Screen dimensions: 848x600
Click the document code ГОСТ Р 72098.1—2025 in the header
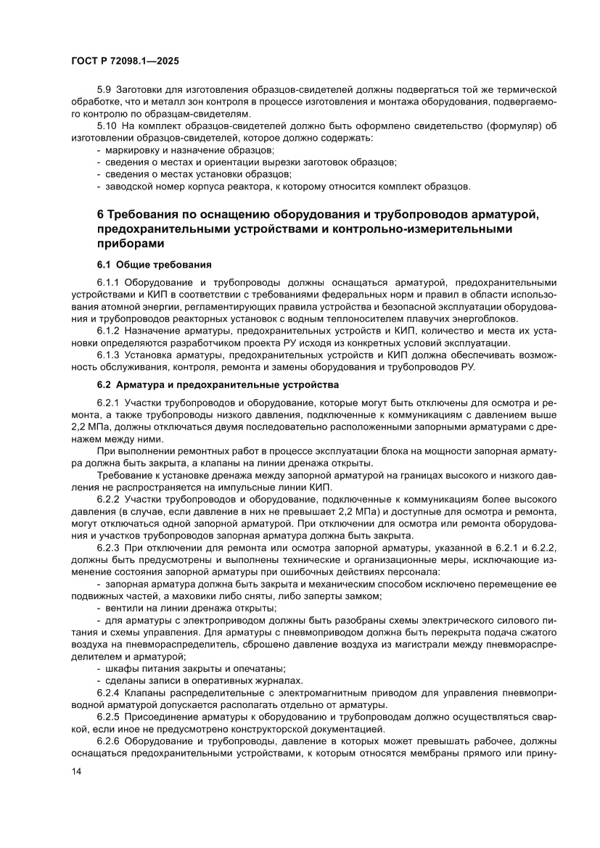pyautogui.click(x=125, y=61)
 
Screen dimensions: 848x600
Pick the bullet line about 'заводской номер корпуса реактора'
pyautogui.click(x=287, y=186)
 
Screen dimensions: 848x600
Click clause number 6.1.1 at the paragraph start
pyautogui.click(x=110, y=282)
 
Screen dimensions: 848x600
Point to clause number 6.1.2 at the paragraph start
pyautogui.click(x=110, y=330)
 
